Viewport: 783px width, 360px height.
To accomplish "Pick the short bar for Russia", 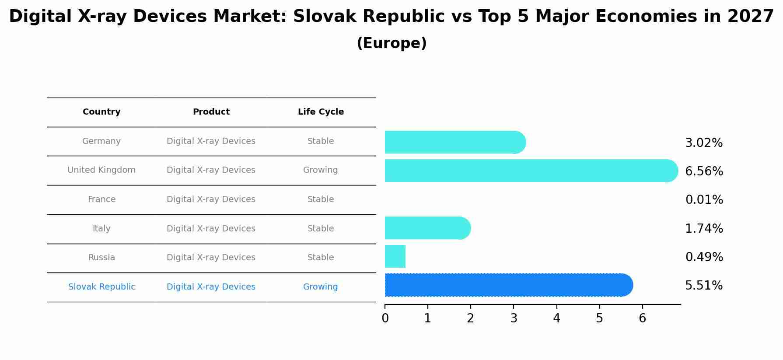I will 395,256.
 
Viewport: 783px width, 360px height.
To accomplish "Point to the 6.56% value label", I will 704,171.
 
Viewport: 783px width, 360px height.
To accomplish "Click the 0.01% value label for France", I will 704,200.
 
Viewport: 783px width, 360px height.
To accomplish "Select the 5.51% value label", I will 704,286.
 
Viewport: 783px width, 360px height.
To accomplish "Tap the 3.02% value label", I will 704,143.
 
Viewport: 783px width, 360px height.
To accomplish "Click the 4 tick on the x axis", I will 556,318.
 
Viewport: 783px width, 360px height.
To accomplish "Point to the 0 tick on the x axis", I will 385,318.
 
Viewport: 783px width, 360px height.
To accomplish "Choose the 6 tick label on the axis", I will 642,318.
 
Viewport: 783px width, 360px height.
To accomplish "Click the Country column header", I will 101,112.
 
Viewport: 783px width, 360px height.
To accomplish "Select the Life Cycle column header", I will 321,112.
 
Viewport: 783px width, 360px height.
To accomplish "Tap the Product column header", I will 211,112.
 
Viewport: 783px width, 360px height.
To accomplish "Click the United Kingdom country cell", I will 101,170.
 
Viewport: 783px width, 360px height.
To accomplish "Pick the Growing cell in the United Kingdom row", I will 321,170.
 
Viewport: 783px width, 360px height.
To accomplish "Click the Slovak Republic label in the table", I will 102,287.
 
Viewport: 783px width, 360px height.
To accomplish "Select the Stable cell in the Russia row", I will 321,258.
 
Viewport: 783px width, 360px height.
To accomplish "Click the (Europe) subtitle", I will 391,43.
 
